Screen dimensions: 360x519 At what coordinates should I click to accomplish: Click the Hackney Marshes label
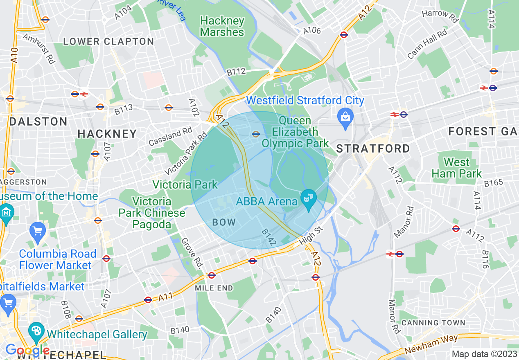click(222, 27)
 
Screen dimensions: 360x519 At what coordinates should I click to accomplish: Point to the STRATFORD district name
click(373, 148)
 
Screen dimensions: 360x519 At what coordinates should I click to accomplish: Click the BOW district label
click(224, 222)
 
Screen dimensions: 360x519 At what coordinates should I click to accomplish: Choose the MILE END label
click(214, 288)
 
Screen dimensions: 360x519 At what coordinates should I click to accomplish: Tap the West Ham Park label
click(456, 168)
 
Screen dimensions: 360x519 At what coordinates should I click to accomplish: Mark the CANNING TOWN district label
click(433, 323)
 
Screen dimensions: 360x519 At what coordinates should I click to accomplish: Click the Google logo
click(27, 351)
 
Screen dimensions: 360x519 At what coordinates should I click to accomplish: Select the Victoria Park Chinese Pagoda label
click(152, 213)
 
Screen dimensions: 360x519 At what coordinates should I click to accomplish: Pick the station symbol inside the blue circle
click(256, 134)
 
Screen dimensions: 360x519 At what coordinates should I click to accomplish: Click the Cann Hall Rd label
click(427, 45)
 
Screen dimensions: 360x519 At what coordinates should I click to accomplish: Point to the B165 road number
click(493, 182)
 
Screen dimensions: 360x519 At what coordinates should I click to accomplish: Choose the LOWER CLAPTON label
click(108, 41)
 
